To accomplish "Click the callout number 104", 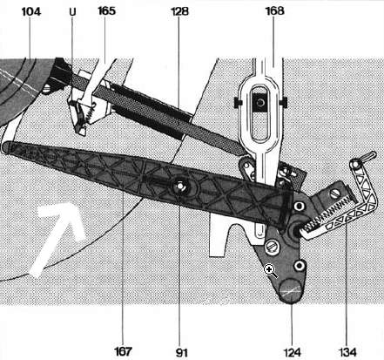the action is coord(31,12).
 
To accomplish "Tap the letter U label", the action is coord(72,12).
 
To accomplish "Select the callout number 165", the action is coord(107,11).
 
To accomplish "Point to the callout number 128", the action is coord(179,11).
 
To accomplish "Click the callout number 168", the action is coord(274,11).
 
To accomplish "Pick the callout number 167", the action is coord(124,351).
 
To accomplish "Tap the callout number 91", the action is coord(182,352).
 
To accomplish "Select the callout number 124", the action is coord(292,352).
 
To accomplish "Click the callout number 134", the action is coord(347,352).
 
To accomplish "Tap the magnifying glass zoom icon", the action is coord(271,271).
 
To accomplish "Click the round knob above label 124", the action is coord(291,291).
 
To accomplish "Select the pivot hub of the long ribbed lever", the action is coord(180,187).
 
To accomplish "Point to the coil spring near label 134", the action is coord(327,213).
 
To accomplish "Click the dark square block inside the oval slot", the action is coord(259,102).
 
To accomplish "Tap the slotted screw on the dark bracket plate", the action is coord(273,247).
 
